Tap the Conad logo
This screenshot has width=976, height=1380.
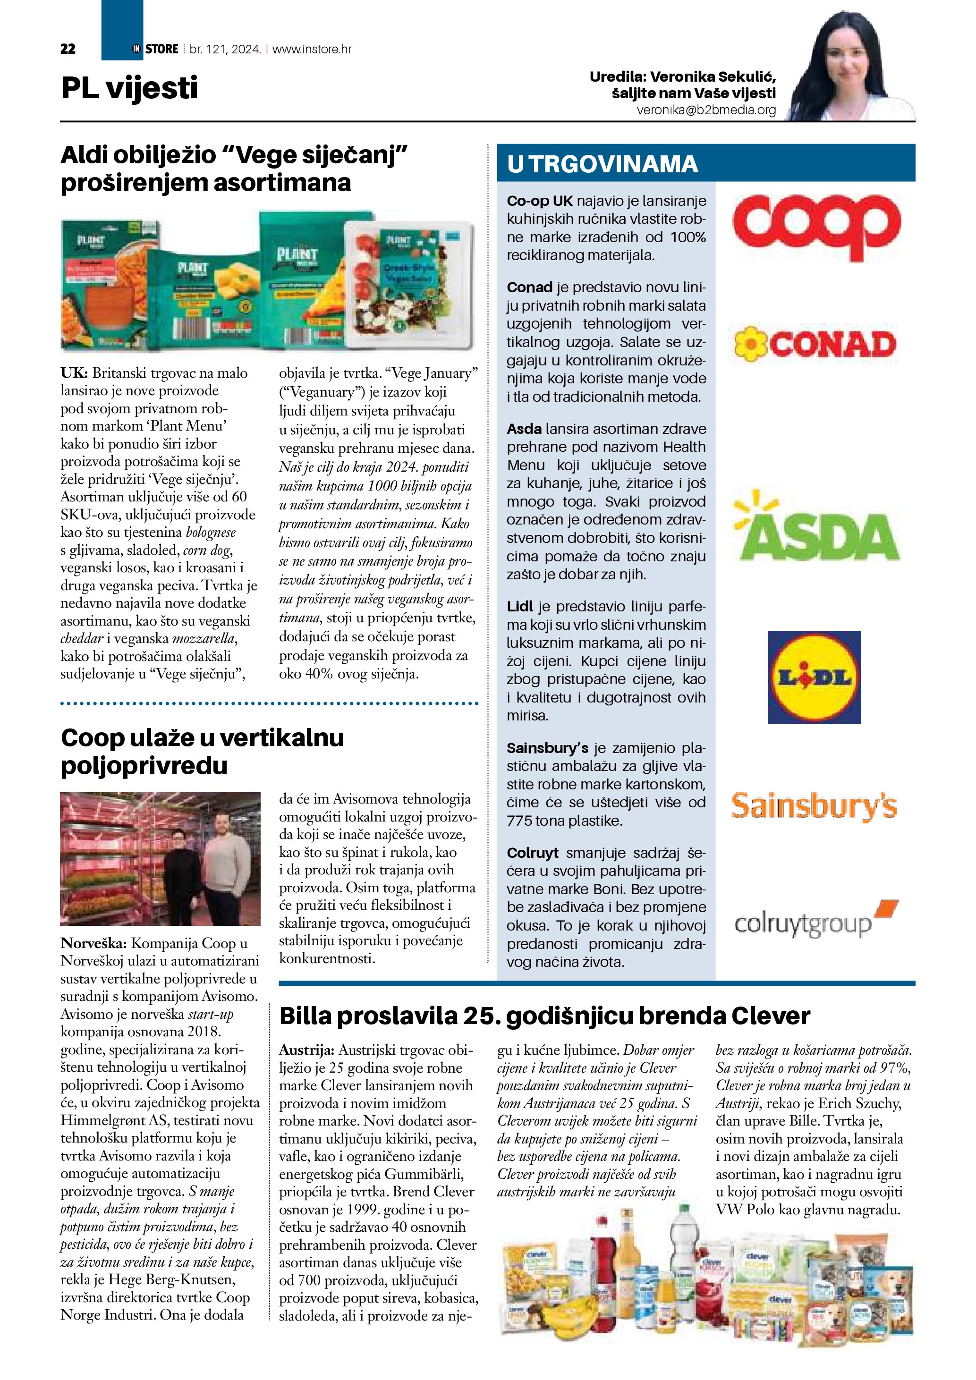click(x=815, y=344)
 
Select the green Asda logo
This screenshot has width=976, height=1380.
click(x=816, y=529)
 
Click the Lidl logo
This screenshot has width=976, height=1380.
click(x=815, y=677)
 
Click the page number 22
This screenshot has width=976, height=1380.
click(x=68, y=49)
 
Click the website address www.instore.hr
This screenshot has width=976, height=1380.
click(x=312, y=49)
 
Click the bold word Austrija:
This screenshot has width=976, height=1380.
click(x=306, y=1050)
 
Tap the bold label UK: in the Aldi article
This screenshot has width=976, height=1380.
click(x=74, y=373)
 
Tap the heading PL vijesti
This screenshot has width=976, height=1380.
click(x=129, y=88)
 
